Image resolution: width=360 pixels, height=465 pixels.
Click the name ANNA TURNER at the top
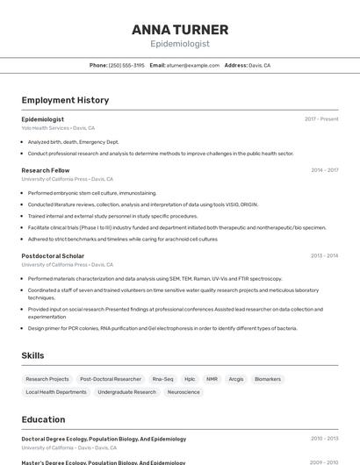(x=180, y=30)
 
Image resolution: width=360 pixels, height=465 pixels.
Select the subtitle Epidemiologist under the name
(x=180, y=43)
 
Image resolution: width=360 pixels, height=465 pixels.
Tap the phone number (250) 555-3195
(x=126, y=65)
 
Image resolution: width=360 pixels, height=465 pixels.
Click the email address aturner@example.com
(x=193, y=65)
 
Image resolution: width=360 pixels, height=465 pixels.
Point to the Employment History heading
(x=65, y=100)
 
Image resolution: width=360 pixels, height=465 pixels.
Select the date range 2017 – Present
(x=321, y=118)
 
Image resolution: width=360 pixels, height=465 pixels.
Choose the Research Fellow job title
(x=46, y=170)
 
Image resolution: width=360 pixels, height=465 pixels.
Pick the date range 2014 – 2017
(x=324, y=170)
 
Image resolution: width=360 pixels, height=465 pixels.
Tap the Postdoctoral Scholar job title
(x=54, y=255)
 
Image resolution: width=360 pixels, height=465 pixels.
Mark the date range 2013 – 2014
(x=324, y=255)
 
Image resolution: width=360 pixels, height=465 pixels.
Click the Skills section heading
(x=33, y=355)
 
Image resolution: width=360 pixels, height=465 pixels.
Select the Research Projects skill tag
(x=47, y=379)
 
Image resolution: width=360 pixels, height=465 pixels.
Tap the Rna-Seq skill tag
(x=162, y=379)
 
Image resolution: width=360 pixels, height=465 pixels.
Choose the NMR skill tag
(x=212, y=379)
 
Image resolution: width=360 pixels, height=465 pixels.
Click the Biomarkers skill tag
(x=268, y=379)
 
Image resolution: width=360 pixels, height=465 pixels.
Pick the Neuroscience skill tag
(x=184, y=392)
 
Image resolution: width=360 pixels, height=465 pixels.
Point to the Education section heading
(x=44, y=419)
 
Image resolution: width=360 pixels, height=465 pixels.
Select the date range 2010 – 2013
(x=324, y=439)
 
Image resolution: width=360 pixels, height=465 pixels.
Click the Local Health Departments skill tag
(x=56, y=392)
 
